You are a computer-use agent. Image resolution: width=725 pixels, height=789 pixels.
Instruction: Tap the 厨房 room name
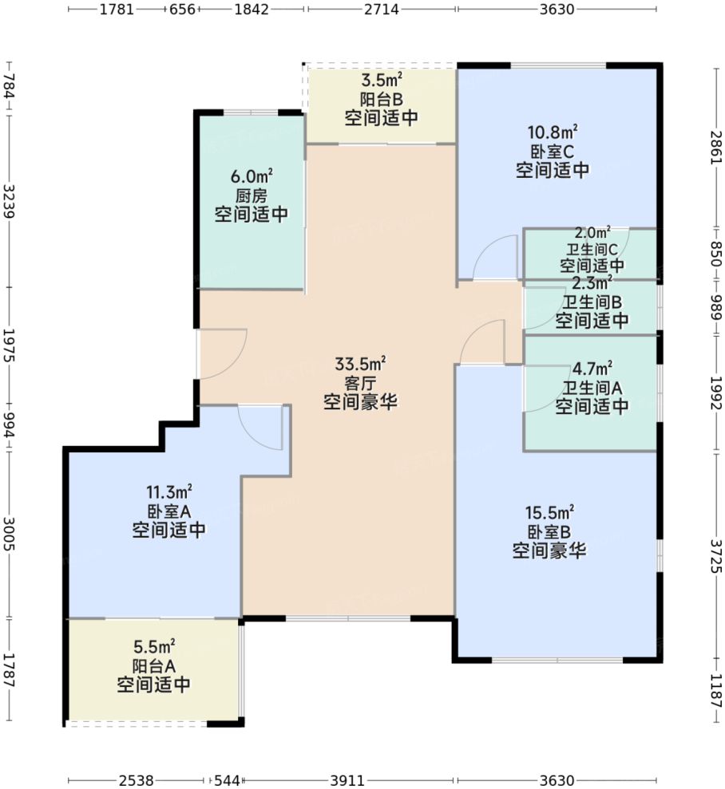click(x=251, y=195)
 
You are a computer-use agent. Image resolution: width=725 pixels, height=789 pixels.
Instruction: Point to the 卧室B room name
click(x=549, y=531)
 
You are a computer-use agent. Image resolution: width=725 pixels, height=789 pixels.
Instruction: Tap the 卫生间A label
click(x=592, y=388)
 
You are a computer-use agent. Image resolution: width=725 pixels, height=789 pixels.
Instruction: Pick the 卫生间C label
click(x=592, y=247)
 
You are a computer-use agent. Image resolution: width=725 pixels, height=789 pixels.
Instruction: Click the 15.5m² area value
click(x=549, y=512)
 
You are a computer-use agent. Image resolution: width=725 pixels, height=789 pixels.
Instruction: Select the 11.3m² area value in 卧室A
click(x=168, y=492)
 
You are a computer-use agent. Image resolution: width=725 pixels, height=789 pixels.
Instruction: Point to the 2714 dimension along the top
click(x=382, y=10)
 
